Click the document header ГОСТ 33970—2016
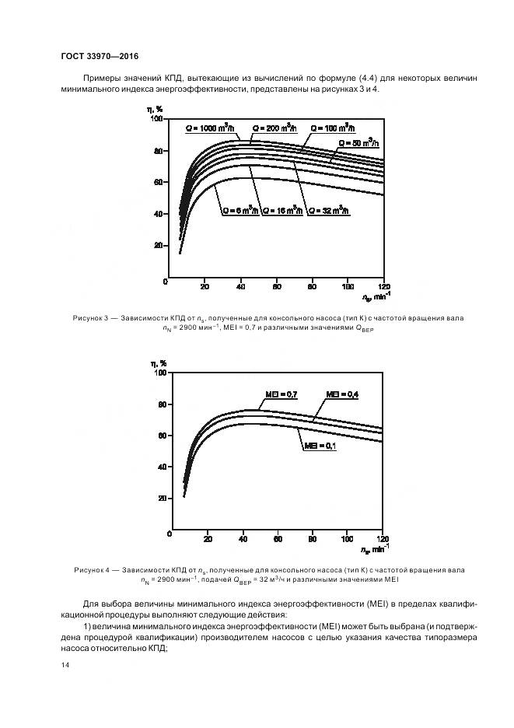(x=99, y=55)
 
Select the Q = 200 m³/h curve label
(x=273, y=127)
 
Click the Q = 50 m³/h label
(x=358, y=143)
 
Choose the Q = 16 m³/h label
(x=281, y=211)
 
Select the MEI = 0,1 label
(x=320, y=446)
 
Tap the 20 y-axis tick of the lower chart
(x=161, y=499)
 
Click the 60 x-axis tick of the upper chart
(x=276, y=285)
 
